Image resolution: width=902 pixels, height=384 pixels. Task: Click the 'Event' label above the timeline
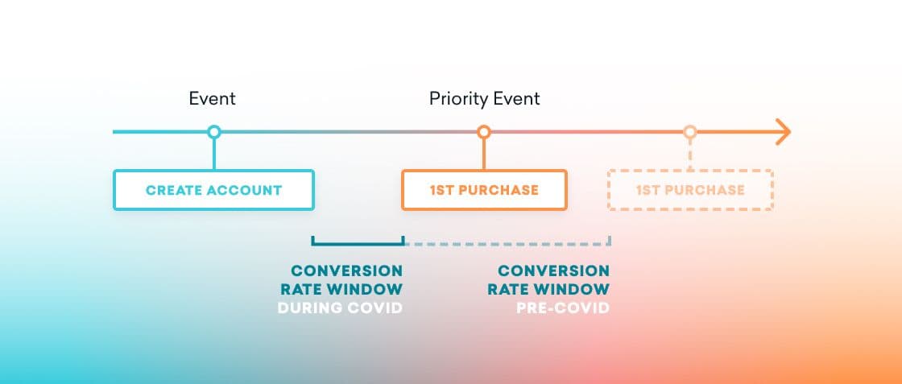click(212, 99)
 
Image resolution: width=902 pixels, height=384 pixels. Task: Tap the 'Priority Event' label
click(484, 99)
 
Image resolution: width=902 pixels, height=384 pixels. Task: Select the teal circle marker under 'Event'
click(213, 132)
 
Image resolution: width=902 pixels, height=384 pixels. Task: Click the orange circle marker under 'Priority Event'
click(483, 132)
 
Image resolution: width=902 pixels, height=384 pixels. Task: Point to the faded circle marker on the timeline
click(689, 132)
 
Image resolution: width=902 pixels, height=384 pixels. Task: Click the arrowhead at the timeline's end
click(783, 132)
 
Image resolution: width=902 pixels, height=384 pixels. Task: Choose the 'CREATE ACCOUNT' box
click(213, 190)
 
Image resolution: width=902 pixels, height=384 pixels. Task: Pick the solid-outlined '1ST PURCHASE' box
click(484, 190)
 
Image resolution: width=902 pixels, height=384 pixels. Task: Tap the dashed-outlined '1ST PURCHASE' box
click(690, 190)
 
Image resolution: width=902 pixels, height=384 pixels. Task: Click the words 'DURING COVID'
click(339, 308)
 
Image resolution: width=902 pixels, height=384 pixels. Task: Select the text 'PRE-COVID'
click(562, 308)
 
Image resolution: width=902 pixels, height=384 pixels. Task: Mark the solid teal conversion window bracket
click(357, 242)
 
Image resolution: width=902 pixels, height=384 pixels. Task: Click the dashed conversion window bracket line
click(507, 242)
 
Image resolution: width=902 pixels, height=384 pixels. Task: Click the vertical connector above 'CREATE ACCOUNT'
click(213, 154)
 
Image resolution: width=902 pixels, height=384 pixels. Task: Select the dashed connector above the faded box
click(690, 154)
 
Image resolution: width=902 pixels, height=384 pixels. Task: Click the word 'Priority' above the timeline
click(457, 99)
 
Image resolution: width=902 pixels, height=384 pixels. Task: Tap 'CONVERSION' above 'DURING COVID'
click(346, 270)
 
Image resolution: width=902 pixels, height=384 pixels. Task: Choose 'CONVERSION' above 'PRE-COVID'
click(553, 270)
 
